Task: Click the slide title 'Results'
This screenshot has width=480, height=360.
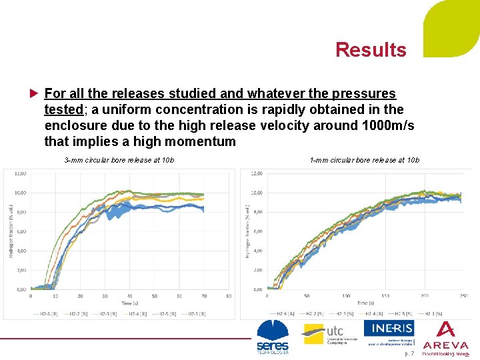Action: click(371, 50)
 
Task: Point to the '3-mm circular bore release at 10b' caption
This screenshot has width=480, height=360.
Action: click(119, 160)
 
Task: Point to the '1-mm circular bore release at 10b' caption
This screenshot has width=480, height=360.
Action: click(364, 160)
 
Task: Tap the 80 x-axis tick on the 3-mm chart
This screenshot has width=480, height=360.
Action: click(229, 295)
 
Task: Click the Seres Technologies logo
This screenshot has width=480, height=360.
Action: click(273, 337)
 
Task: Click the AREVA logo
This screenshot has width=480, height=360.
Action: click(445, 337)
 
